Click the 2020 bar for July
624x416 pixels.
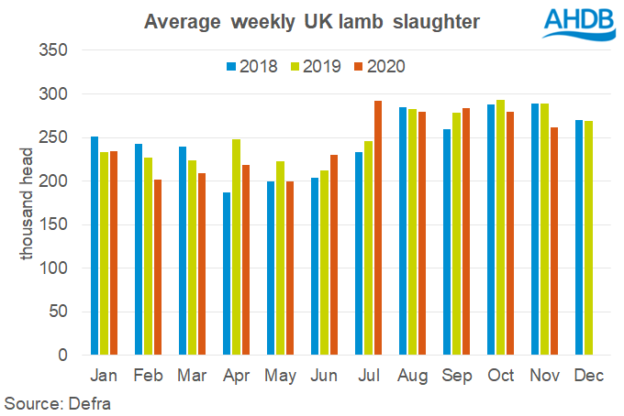point(378,228)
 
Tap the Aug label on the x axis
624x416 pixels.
point(412,376)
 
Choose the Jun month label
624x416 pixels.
point(324,376)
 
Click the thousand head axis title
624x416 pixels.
point(28,203)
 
